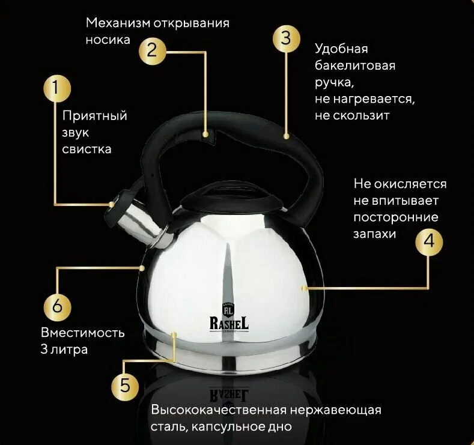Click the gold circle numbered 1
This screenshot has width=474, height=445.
point(57,88)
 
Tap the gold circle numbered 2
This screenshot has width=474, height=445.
point(153,51)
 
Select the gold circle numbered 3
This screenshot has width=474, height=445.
point(287,39)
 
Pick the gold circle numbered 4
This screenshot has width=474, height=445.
point(429,242)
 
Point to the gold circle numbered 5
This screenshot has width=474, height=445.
point(125,386)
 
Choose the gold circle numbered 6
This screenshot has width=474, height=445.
point(57,307)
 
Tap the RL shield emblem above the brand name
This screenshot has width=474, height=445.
point(228,309)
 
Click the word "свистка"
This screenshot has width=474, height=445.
point(87,150)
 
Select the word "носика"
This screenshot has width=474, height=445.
point(108,40)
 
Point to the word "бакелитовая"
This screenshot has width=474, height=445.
point(355,65)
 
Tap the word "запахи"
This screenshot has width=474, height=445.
point(374,234)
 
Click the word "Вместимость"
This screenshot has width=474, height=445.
point(82,333)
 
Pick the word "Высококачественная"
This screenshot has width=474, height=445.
point(219,410)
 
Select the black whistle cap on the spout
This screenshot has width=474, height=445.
point(120,205)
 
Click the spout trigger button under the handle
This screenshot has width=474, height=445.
point(210,135)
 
